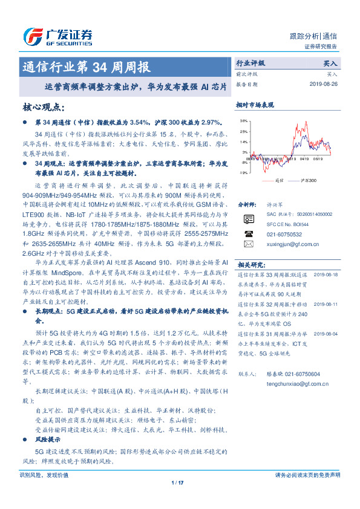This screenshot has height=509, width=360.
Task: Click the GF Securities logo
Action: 57,36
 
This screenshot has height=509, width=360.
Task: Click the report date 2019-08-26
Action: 327,84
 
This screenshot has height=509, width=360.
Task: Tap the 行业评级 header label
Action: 250,62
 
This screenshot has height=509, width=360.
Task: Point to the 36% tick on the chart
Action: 243,121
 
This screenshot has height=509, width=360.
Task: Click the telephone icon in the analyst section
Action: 249,233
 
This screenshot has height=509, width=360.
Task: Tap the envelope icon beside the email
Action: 249,244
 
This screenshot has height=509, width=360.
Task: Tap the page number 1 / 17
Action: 177,482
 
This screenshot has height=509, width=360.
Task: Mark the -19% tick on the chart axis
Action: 243,172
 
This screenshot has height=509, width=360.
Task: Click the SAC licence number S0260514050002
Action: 310,215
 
